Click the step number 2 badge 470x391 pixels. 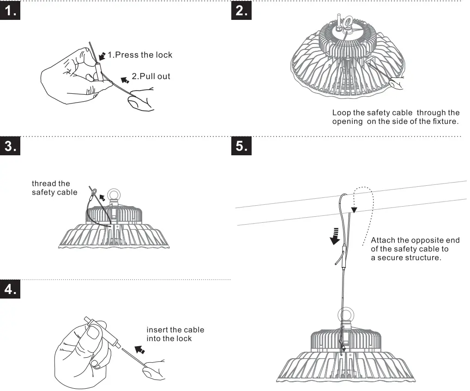point(241,12)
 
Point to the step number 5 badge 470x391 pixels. point(241,146)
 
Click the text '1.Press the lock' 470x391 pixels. point(139,55)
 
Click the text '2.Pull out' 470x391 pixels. point(151,76)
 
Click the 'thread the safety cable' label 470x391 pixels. point(54,188)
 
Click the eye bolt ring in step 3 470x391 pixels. point(114,194)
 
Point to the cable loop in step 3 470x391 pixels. point(93,192)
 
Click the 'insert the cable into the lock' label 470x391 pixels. point(175,334)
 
